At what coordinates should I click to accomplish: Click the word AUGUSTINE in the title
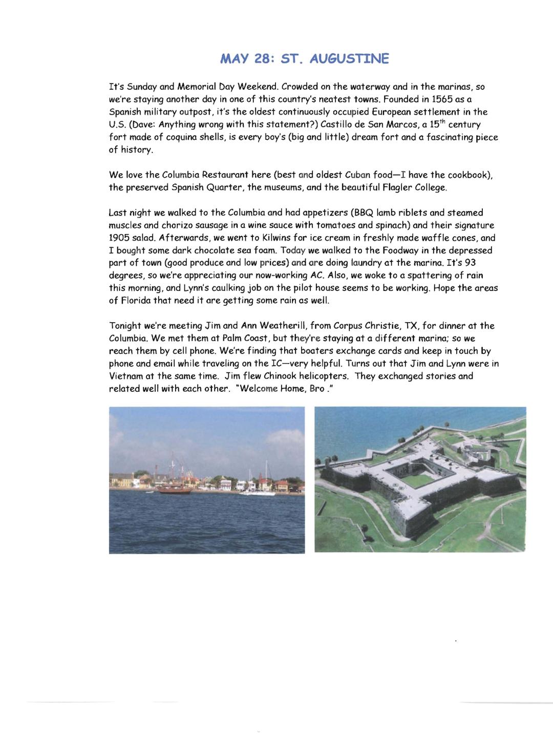[349, 59]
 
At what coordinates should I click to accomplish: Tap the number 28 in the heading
[263, 59]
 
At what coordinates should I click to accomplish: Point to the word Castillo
[338, 124]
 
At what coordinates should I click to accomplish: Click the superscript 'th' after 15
[442, 121]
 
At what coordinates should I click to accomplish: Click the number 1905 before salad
[119, 238]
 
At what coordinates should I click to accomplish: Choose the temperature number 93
[470, 263]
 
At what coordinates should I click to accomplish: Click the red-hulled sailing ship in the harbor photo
[174, 489]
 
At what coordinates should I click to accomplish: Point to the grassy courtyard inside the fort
[419, 480]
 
